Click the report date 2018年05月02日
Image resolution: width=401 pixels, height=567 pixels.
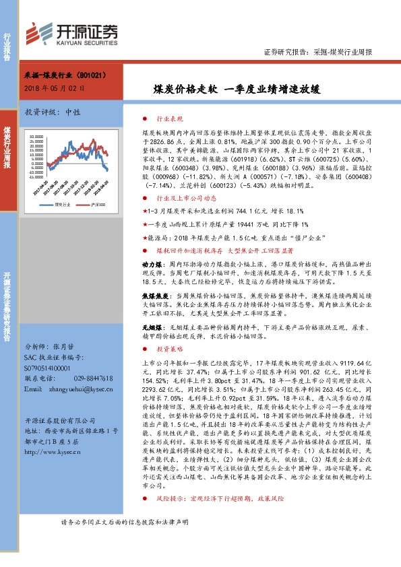coord(53,88)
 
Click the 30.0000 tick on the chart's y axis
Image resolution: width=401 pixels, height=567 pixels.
coord(35,135)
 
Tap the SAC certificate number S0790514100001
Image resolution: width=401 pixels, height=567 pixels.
coord(51,369)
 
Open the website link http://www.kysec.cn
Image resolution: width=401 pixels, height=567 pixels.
coord(54,452)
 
